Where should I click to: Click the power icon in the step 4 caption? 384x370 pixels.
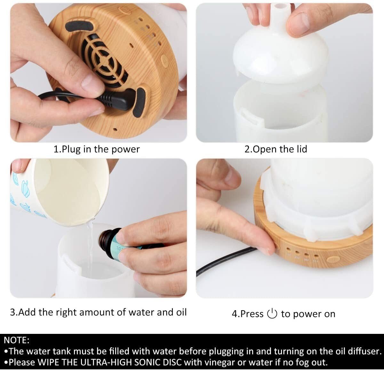[x=272, y=314]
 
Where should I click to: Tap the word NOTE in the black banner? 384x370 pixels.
[x=17, y=340]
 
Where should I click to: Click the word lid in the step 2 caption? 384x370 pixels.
[x=301, y=149]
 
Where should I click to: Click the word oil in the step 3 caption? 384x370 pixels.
[x=181, y=312]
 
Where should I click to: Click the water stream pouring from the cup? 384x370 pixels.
[x=90, y=243]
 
